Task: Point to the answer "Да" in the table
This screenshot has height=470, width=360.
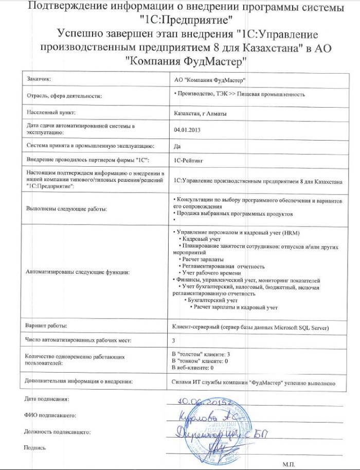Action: (x=177, y=146)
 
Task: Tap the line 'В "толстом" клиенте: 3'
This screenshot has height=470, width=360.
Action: (x=201, y=355)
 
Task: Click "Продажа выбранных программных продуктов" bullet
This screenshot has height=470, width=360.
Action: (x=234, y=213)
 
